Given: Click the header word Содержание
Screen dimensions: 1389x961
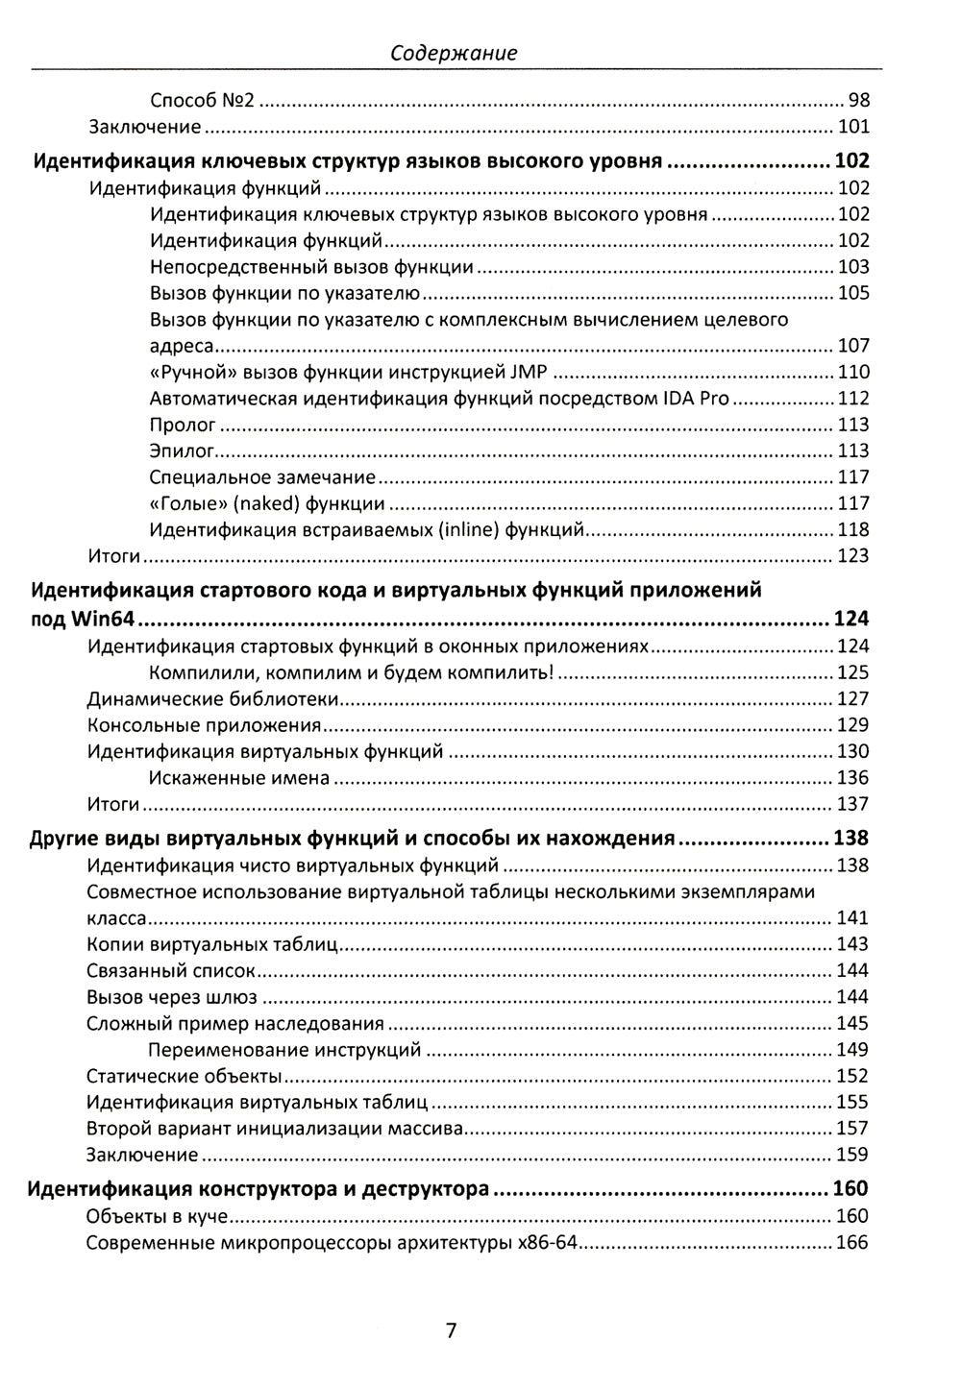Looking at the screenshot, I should (x=455, y=54).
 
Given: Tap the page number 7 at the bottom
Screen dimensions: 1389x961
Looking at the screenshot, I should (x=452, y=1330).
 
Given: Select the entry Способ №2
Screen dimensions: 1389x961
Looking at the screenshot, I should (x=202, y=100).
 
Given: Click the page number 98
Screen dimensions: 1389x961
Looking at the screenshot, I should (x=859, y=100).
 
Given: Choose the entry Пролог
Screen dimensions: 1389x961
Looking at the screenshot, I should (x=183, y=425).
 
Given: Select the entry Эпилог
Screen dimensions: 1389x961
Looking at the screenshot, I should (x=182, y=451).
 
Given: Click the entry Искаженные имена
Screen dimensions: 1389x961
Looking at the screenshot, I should (x=239, y=778).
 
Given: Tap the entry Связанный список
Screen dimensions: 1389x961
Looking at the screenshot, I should (x=171, y=971).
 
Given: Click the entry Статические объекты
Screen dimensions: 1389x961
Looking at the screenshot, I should (x=184, y=1076).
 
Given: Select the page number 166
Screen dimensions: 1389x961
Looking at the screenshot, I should (x=852, y=1243).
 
